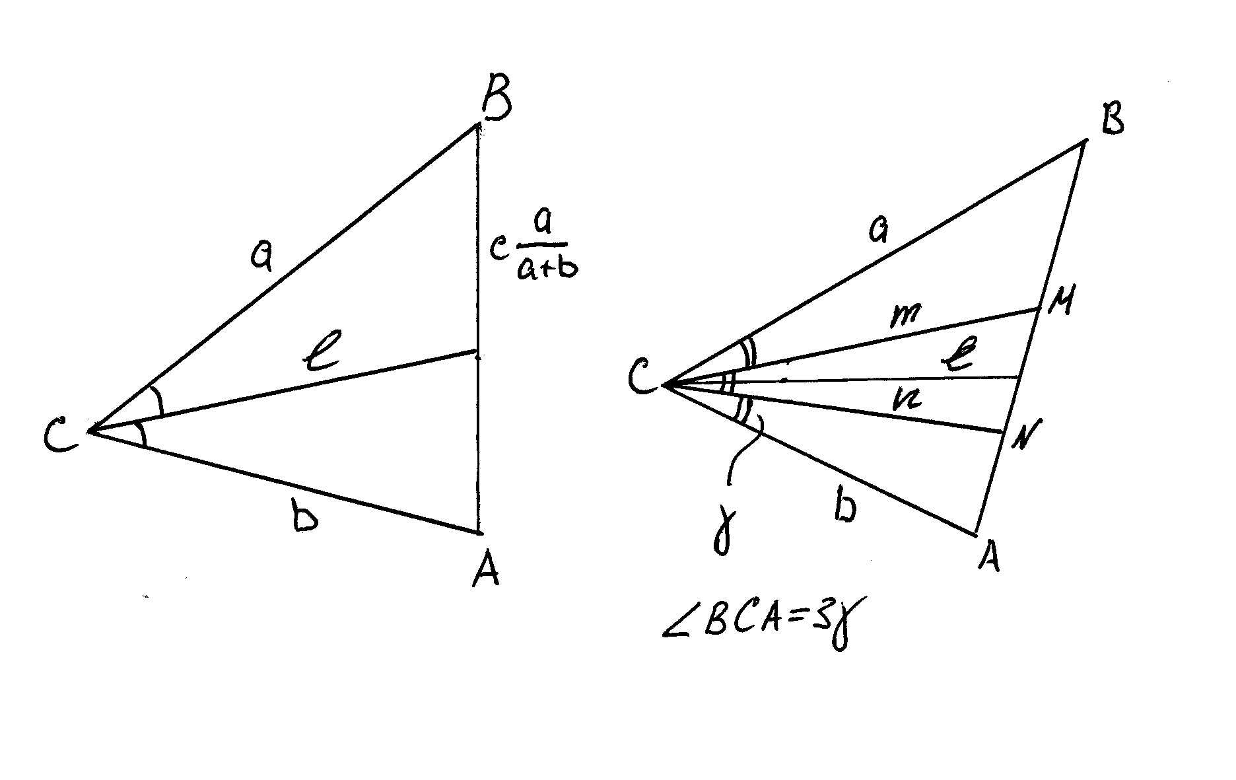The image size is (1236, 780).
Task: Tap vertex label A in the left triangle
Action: pyautogui.click(x=487, y=569)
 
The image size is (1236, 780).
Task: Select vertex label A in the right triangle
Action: pyautogui.click(x=988, y=556)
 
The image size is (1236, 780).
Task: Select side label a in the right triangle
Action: pyautogui.click(x=879, y=231)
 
